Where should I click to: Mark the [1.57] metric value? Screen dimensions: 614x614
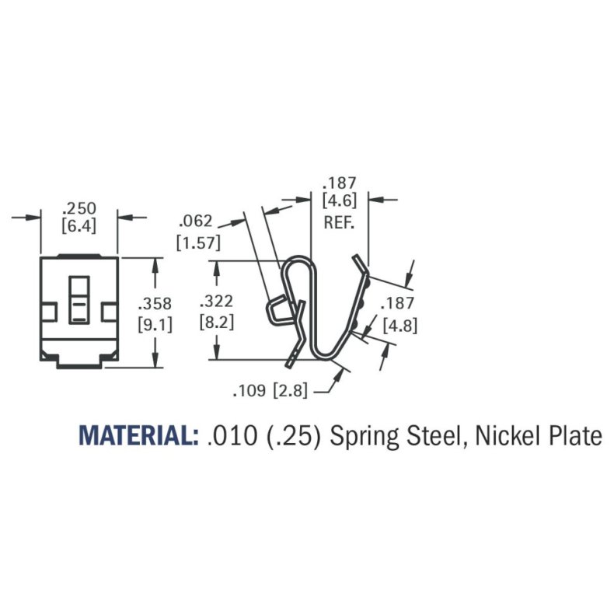click(x=198, y=242)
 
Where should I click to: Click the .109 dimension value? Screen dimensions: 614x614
click(x=251, y=391)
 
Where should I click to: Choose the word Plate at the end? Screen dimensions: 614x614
click(x=574, y=436)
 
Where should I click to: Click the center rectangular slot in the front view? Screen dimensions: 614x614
click(x=78, y=299)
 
